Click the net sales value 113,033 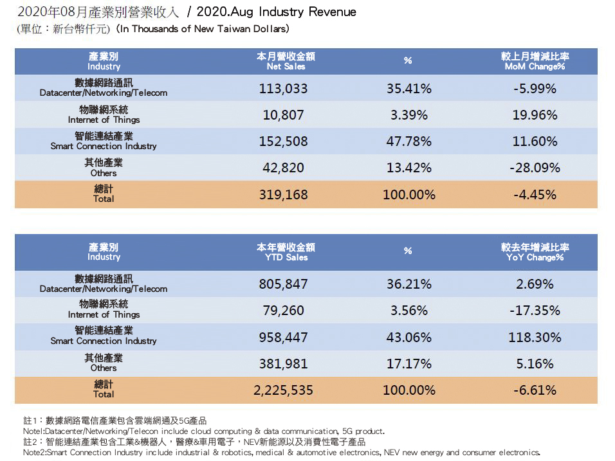(x=283, y=89)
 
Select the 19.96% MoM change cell (x=535, y=115)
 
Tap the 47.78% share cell (x=408, y=141)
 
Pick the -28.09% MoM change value (x=535, y=168)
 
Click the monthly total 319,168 (x=283, y=194)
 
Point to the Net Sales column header (x=286, y=62)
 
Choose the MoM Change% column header (x=535, y=62)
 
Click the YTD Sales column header (x=286, y=252)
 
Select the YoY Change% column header (x=535, y=252)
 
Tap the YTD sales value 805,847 (x=283, y=284)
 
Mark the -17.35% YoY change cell (x=535, y=311)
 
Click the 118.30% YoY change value (x=535, y=337)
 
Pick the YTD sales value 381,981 (x=283, y=363)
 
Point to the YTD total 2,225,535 (x=283, y=390)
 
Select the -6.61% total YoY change (x=535, y=390)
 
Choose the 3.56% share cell (x=408, y=311)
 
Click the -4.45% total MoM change (x=535, y=194)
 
